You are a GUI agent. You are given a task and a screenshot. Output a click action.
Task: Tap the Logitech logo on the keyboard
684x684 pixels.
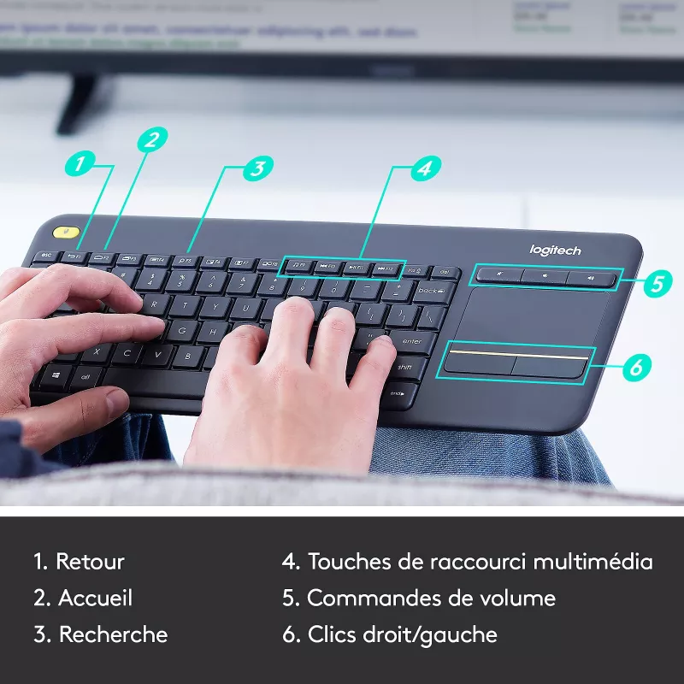point(555,250)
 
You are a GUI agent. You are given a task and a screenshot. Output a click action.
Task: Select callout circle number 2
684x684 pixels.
point(151,140)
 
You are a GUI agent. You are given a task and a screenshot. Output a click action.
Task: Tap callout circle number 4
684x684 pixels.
point(423,168)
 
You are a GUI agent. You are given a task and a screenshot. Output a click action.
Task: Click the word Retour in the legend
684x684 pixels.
point(90,562)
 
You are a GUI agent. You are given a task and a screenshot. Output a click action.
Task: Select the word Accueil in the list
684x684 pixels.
point(95,598)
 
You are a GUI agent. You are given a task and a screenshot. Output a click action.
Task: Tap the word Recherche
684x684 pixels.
point(113,635)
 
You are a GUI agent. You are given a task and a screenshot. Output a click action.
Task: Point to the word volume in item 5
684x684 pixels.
point(518,598)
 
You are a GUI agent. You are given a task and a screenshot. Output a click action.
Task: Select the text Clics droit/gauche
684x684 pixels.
point(402,635)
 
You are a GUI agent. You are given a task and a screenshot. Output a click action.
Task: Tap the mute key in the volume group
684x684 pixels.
point(498,274)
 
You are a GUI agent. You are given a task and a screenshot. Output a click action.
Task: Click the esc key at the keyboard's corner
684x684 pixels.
point(45,255)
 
